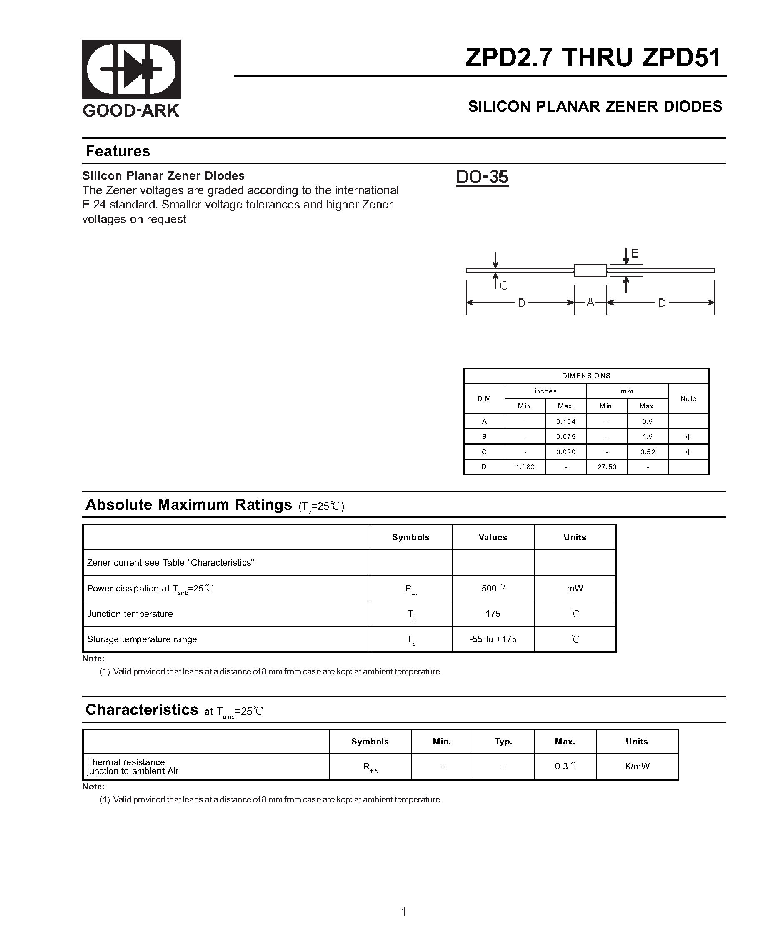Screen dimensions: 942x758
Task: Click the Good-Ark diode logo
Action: (131, 69)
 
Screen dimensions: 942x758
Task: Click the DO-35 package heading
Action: (482, 177)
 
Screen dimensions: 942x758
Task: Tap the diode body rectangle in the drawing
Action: (590, 271)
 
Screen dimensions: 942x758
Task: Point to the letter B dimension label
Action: (635, 253)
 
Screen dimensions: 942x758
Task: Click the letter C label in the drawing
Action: (503, 286)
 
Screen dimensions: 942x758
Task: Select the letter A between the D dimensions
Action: (590, 302)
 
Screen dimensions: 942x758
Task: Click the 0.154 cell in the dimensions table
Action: (566, 422)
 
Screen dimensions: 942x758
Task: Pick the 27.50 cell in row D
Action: (607, 467)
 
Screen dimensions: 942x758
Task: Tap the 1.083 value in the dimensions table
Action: (525, 467)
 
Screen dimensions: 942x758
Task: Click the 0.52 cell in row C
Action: (648, 452)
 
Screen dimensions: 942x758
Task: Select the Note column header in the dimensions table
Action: (688, 398)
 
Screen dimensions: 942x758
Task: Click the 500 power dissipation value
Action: (489, 589)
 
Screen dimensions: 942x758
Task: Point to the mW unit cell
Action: (575, 589)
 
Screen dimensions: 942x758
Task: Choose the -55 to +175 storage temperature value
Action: (493, 639)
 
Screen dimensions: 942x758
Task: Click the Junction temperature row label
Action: (130, 614)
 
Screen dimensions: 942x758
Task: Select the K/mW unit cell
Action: (637, 767)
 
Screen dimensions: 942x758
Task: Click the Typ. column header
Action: (503, 742)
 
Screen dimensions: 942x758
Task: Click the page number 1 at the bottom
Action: (404, 912)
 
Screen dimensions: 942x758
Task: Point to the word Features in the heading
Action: (118, 151)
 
